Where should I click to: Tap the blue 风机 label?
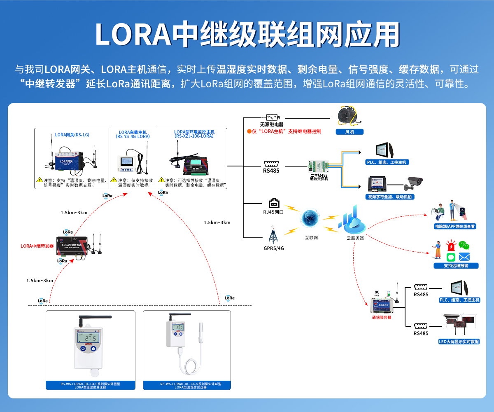(349, 132)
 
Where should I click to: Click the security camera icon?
(413, 183)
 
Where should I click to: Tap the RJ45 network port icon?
(274, 203)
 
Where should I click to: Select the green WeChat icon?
(464, 246)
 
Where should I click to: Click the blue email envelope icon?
(464, 257)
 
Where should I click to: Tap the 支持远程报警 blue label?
(456, 266)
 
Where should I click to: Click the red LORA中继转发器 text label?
(37, 246)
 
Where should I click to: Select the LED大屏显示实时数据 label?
(459, 342)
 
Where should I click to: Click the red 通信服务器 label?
(381, 317)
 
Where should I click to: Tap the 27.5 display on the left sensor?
(88, 338)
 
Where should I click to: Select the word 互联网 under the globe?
(311, 238)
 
